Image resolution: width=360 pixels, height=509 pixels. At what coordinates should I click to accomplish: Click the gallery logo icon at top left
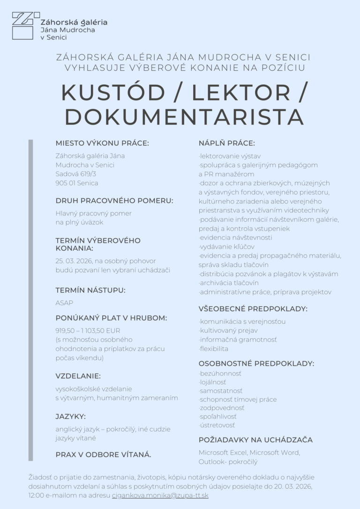[23, 26]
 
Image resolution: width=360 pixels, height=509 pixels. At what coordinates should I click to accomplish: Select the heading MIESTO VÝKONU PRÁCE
[102, 143]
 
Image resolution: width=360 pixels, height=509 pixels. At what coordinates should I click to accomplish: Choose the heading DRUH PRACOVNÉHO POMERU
[114, 201]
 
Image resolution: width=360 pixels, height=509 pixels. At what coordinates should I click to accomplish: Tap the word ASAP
[64, 303]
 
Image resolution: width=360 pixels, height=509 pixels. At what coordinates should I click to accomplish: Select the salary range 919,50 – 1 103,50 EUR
[88, 330]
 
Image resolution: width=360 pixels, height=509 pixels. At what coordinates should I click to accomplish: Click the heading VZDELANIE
[78, 376]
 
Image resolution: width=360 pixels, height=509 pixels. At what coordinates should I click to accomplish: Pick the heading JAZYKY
[71, 416]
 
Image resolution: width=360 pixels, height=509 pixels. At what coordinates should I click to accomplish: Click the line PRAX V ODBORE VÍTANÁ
[104, 454]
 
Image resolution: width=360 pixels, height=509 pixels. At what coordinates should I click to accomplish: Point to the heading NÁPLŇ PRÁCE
[227, 143]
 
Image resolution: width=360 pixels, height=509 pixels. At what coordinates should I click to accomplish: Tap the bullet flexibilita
[214, 349]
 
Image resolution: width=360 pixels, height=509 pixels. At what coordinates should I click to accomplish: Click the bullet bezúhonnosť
[220, 374]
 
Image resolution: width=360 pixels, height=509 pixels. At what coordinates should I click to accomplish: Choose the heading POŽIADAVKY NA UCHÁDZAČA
[255, 440]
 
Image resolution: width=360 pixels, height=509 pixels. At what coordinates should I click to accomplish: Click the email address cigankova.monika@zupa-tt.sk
[160, 495]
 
